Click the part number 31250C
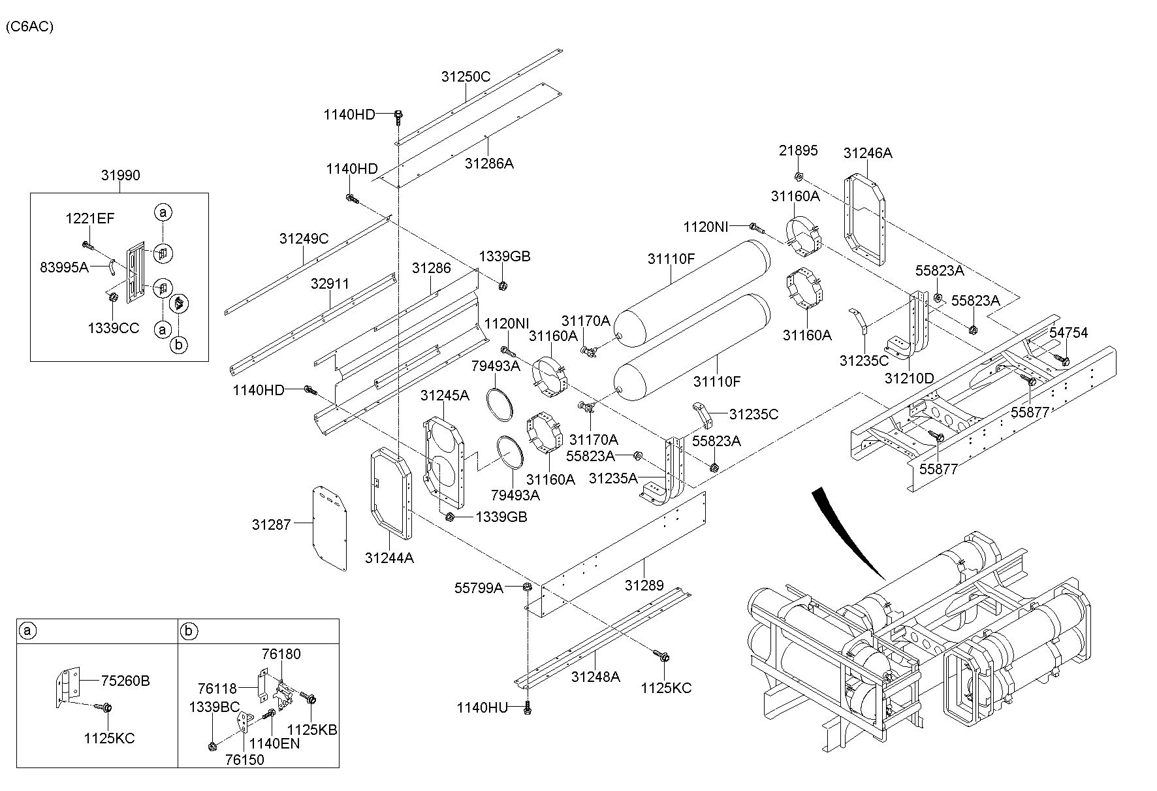(x=466, y=76)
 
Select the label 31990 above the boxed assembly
(x=120, y=175)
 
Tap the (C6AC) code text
(x=29, y=27)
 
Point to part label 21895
(x=798, y=151)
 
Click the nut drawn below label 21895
(x=799, y=176)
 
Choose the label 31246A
(x=868, y=153)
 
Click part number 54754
(x=1068, y=332)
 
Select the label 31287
(x=272, y=524)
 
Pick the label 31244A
(x=389, y=558)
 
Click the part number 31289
(x=644, y=585)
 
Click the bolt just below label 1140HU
(x=528, y=708)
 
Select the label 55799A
(x=479, y=588)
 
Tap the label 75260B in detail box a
(x=125, y=681)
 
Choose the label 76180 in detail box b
(x=281, y=654)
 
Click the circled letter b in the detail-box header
(x=189, y=631)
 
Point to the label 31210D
(x=910, y=378)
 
